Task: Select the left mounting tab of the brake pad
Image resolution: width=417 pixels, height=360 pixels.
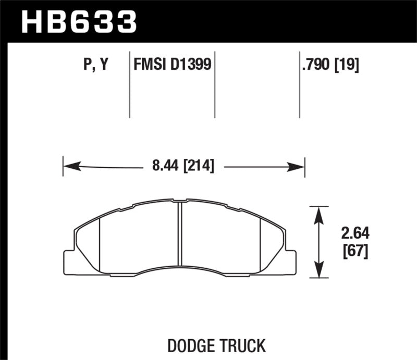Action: point(69,262)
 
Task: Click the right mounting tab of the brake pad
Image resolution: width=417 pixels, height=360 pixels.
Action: point(290,262)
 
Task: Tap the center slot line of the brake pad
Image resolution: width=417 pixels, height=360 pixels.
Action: point(179,234)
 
